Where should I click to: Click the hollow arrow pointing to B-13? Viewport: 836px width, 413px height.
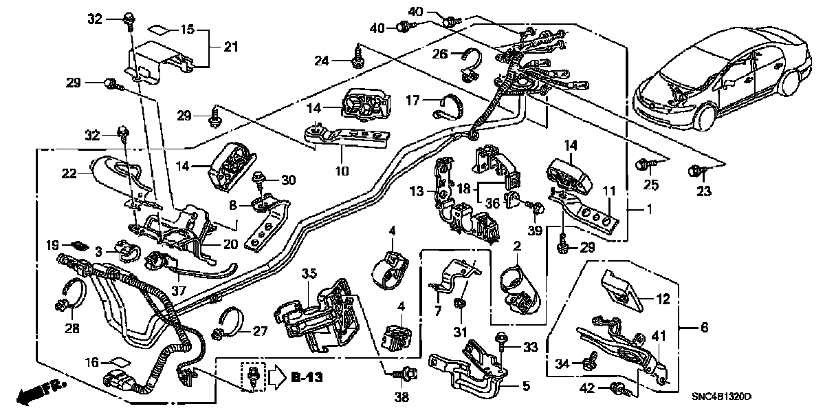click(x=274, y=377)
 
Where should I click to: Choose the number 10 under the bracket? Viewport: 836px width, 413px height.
click(x=340, y=169)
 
